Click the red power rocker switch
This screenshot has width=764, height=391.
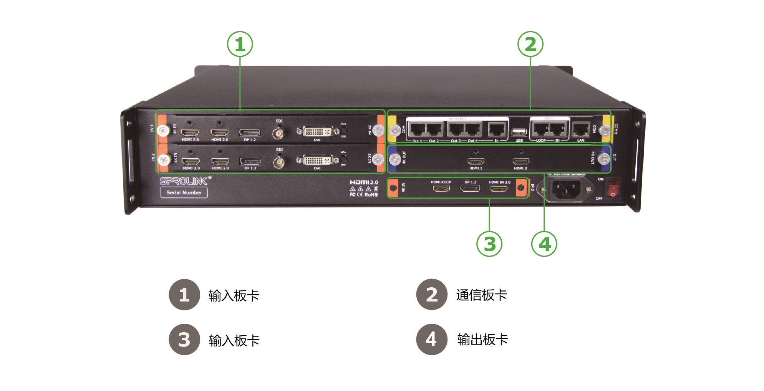click(x=613, y=189)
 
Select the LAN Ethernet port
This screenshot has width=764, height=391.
click(x=581, y=129)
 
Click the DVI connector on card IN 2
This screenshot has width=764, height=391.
click(x=317, y=160)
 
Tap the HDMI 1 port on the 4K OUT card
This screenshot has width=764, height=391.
click(x=476, y=161)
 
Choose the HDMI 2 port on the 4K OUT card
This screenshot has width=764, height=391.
click(x=521, y=161)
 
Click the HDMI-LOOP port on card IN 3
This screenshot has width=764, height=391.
click(x=441, y=189)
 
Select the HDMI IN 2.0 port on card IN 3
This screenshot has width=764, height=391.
click(x=499, y=189)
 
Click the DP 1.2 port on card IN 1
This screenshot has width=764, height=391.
click(x=250, y=133)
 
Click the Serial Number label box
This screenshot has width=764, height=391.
click(x=184, y=192)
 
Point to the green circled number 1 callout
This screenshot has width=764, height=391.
click(x=240, y=44)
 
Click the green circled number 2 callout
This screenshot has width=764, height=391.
click(x=530, y=44)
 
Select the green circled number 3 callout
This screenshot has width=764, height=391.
click(x=489, y=244)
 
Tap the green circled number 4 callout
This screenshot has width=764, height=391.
click(x=544, y=244)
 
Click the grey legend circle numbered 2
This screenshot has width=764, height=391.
click(x=432, y=295)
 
